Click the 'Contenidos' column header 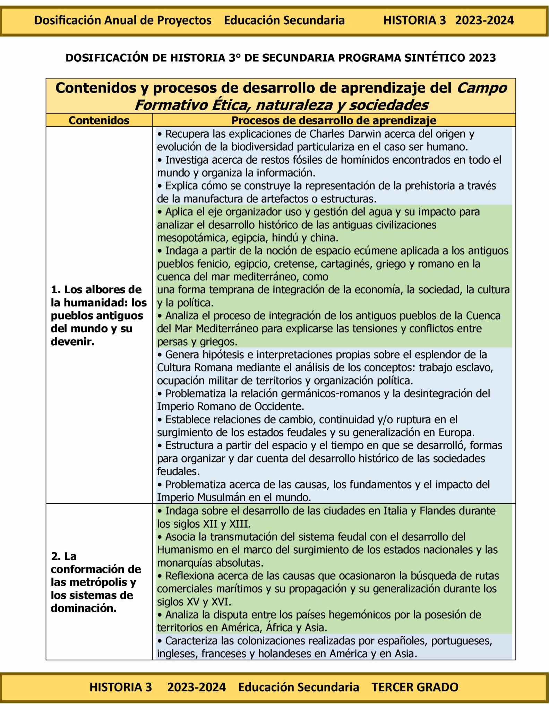click(99, 120)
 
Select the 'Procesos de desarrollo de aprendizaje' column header click(334, 120)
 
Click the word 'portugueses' click(461, 641)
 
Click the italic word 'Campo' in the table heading click(482, 88)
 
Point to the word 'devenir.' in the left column click(72, 341)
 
